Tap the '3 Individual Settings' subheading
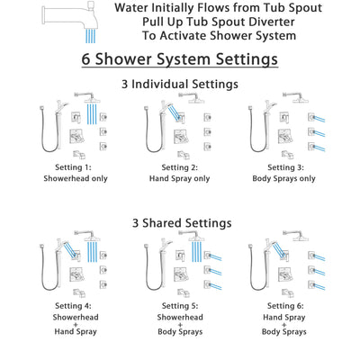(x=180, y=85)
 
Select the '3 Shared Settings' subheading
(x=180, y=222)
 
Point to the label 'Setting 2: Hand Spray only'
(x=181, y=173)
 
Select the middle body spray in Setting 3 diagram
(x=317, y=130)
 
